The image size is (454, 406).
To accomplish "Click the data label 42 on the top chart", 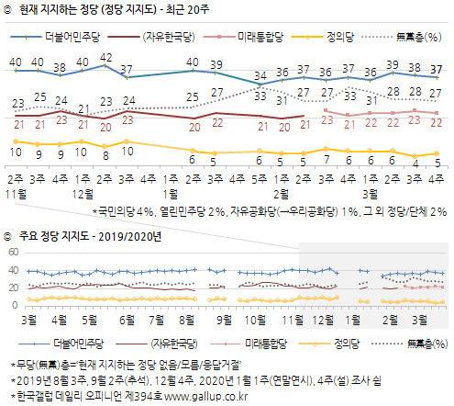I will [106, 57].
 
